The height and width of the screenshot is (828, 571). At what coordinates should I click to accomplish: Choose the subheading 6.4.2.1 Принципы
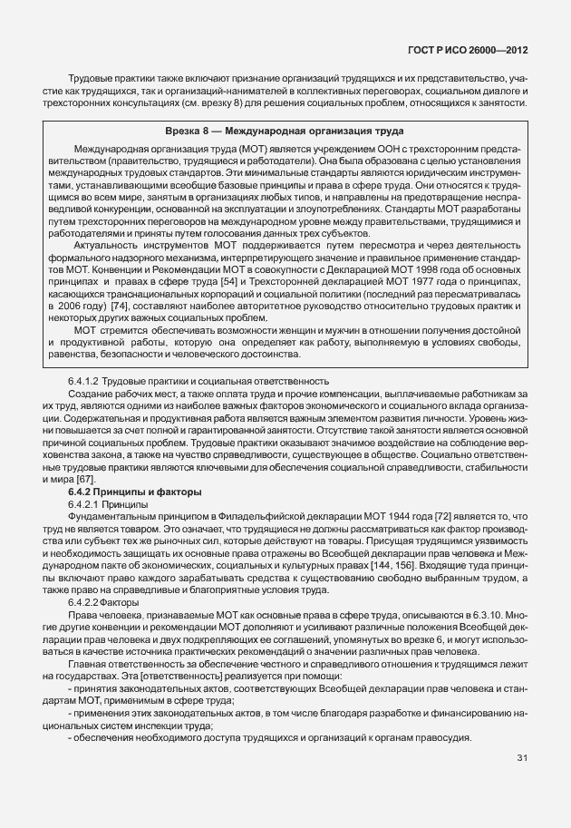(x=105, y=502)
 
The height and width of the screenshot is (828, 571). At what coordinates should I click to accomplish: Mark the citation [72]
(x=353, y=515)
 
